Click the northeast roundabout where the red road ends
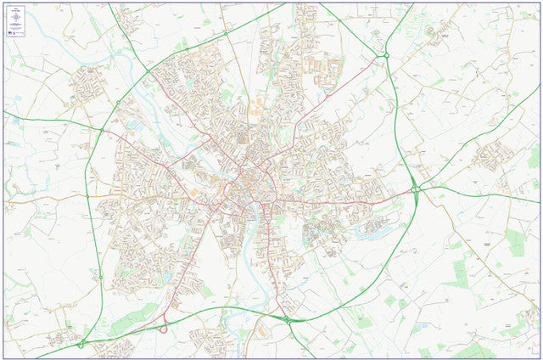coord(386,56)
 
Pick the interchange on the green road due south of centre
coord(287,319)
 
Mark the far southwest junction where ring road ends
coord(81,344)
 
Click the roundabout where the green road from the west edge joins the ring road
coord(103,130)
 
